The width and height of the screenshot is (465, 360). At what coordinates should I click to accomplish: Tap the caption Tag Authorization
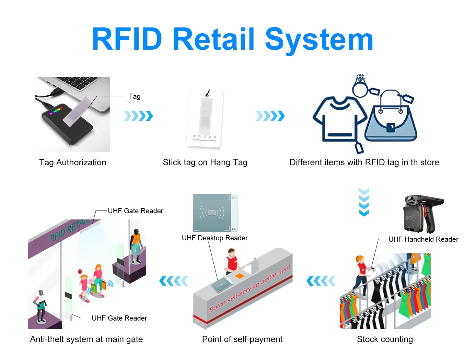pyautogui.click(x=73, y=163)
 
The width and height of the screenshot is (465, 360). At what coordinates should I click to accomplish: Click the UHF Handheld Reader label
pyautogui.click(x=423, y=239)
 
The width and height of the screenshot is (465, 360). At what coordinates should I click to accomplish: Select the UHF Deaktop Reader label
pyautogui.click(x=214, y=238)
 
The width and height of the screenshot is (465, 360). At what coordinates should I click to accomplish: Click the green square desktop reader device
pyautogui.click(x=215, y=213)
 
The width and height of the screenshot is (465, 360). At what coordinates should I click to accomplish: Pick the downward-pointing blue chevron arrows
pyautogui.click(x=364, y=202)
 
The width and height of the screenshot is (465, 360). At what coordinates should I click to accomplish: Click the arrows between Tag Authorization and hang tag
pyautogui.click(x=138, y=116)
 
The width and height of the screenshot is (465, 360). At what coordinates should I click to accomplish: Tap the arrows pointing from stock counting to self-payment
pyautogui.click(x=321, y=281)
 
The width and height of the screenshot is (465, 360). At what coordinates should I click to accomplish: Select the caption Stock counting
pyautogui.click(x=385, y=339)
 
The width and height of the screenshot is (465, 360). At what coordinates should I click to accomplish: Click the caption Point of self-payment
pyautogui.click(x=242, y=339)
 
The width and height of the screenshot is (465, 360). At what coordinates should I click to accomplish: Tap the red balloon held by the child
pyautogui.click(x=80, y=272)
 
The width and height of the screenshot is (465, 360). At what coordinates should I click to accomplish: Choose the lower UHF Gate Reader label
pyautogui.click(x=119, y=318)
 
